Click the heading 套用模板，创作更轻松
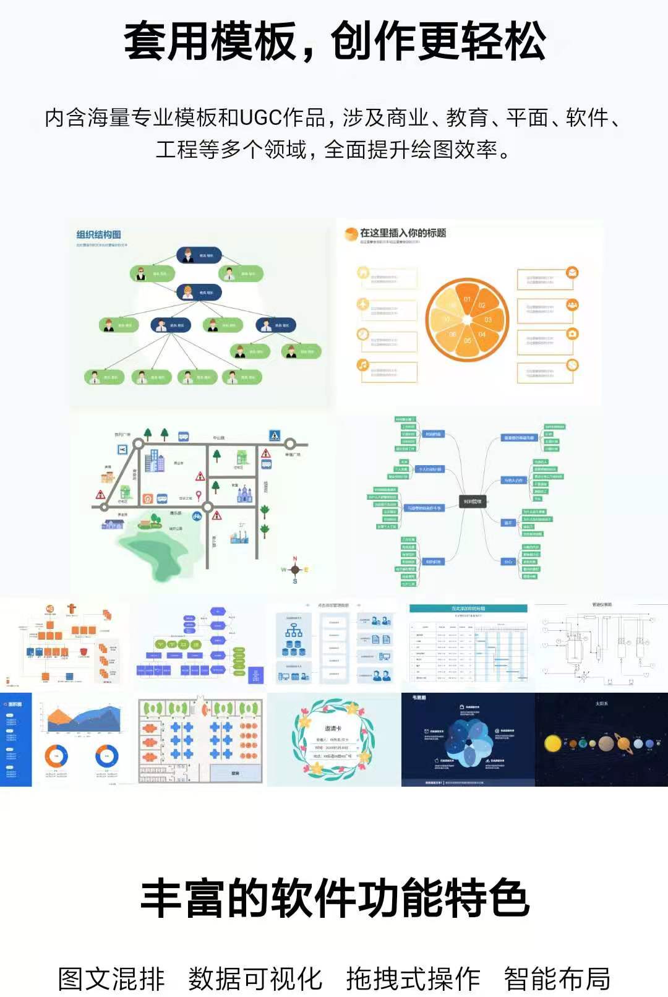point(334,42)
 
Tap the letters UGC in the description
point(260,117)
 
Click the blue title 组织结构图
point(98,234)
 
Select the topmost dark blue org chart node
point(199,255)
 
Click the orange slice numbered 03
point(487,319)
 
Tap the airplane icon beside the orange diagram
point(363,304)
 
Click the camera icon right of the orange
point(572,334)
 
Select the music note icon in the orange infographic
point(363,365)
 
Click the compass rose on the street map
point(295,570)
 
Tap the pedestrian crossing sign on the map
point(275,435)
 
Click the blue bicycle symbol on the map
point(197,515)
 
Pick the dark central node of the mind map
point(472,502)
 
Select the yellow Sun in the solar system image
point(552,743)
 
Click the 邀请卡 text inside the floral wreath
point(333,729)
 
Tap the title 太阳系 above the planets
point(601,704)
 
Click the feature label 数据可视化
point(255,978)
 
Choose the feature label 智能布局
point(557,978)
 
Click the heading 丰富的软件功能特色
point(334,898)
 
